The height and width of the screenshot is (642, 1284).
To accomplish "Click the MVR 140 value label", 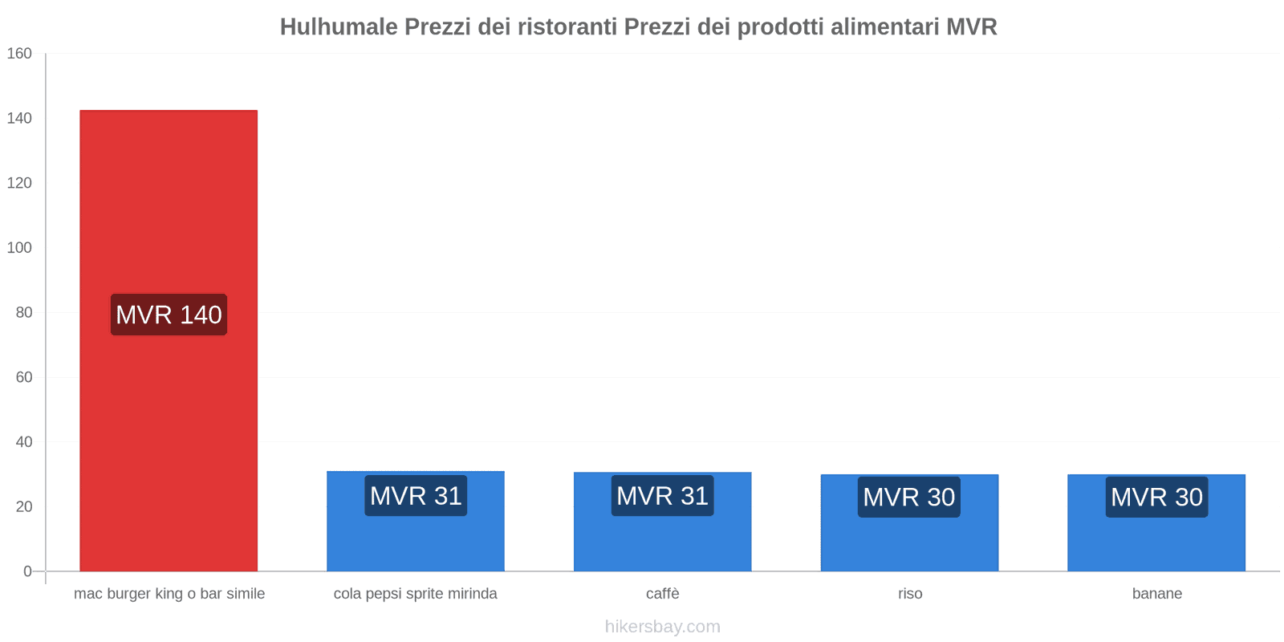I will pos(169,315).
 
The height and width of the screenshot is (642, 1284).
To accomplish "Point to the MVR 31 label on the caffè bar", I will pos(663,496).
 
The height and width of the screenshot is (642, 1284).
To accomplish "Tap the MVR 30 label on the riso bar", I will pos(909,498).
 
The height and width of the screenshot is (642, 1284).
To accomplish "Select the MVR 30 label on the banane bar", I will pos(1156,498).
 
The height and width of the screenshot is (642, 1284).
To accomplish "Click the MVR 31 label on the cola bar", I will pos(416,496).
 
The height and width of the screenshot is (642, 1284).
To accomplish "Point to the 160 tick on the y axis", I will pos(19,54).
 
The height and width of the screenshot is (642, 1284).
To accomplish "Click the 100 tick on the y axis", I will pos(19,248).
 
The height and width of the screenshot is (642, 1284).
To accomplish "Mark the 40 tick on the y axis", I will pos(23,442).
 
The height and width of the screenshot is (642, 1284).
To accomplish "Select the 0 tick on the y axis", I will pos(27,571).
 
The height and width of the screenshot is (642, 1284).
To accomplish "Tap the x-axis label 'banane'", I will pos(1156,594).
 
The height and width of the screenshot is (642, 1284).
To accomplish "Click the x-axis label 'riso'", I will pos(910,594).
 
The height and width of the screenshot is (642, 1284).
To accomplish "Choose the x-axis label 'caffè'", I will pos(663,594).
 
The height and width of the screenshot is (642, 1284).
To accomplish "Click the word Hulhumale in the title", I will pos(338,27).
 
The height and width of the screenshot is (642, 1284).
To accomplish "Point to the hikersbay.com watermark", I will pos(663,627).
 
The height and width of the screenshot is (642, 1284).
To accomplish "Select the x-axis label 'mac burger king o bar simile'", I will pos(169,594).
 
